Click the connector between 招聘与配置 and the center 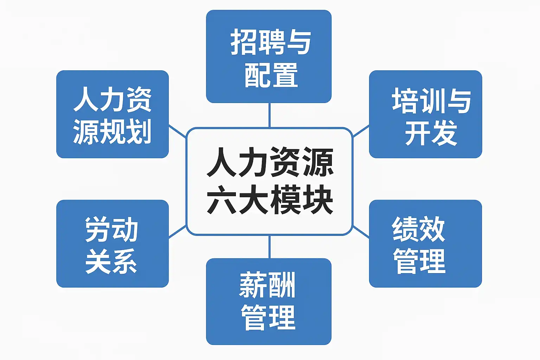tap(269, 115)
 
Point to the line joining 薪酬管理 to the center tap(269, 247)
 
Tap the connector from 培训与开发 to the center tap(361, 131)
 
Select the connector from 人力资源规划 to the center tap(178, 131)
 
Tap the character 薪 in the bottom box tap(252, 285)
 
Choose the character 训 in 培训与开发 tap(431, 101)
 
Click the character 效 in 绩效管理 tap(432, 229)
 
